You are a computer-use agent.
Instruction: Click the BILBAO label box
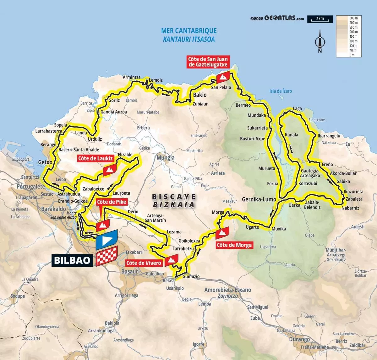tap(73, 260)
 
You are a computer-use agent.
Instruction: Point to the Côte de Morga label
tap(234, 245)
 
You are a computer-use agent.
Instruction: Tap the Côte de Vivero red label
tap(144, 263)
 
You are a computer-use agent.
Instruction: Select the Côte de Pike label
tap(112, 202)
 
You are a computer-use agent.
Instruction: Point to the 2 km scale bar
tap(320, 19)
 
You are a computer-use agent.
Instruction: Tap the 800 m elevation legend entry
tap(353, 18)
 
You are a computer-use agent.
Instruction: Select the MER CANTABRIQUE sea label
tap(189, 31)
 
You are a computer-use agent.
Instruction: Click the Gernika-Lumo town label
tap(259, 199)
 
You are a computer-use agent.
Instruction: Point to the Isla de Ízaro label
tap(281, 91)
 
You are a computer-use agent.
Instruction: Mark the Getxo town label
tap(45, 162)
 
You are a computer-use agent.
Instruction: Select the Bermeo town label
tap(243, 105)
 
